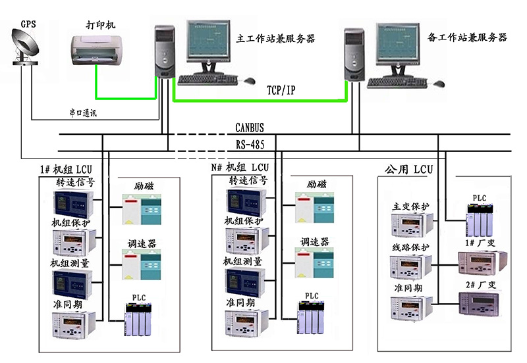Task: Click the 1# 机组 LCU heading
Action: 71,169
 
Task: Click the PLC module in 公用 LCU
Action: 479,221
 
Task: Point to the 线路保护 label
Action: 410,247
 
